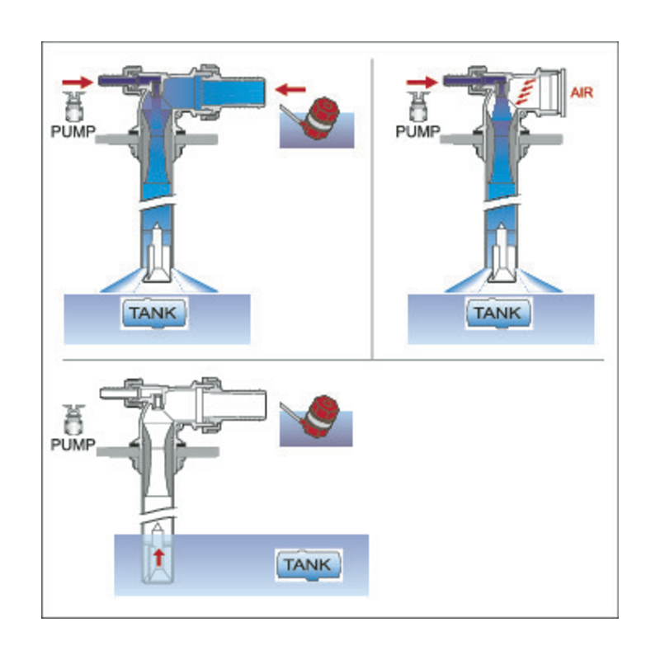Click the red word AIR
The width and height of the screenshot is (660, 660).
coord(582,92)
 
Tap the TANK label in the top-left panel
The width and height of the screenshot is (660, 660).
coord(153,313)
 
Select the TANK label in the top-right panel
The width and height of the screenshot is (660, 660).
coord(498,313)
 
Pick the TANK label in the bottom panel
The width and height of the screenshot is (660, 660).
coord(308,564)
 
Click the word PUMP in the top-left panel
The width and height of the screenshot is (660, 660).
coord(73,132)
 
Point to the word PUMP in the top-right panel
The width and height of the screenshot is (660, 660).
coord(418,132)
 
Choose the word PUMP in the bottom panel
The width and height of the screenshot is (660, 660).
coord(73,445)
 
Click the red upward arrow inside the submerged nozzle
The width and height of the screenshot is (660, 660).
coord(158,558)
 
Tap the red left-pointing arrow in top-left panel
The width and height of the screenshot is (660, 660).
coord(290,90)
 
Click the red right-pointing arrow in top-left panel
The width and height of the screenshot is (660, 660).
coord(78,82)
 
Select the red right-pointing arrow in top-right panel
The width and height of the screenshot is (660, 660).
coord(422,82)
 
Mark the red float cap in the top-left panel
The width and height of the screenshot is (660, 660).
coord(321,118)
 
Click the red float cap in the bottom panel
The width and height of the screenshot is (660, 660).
coord(321,416)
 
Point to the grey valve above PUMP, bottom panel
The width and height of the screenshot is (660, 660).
coord(73,419)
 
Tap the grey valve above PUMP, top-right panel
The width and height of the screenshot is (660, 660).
coord(418,106)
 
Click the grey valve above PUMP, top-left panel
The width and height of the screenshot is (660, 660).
coord(74,106)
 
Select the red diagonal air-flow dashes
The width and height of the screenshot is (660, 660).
coord(526,92)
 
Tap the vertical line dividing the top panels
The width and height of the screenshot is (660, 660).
coord(372,209)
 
